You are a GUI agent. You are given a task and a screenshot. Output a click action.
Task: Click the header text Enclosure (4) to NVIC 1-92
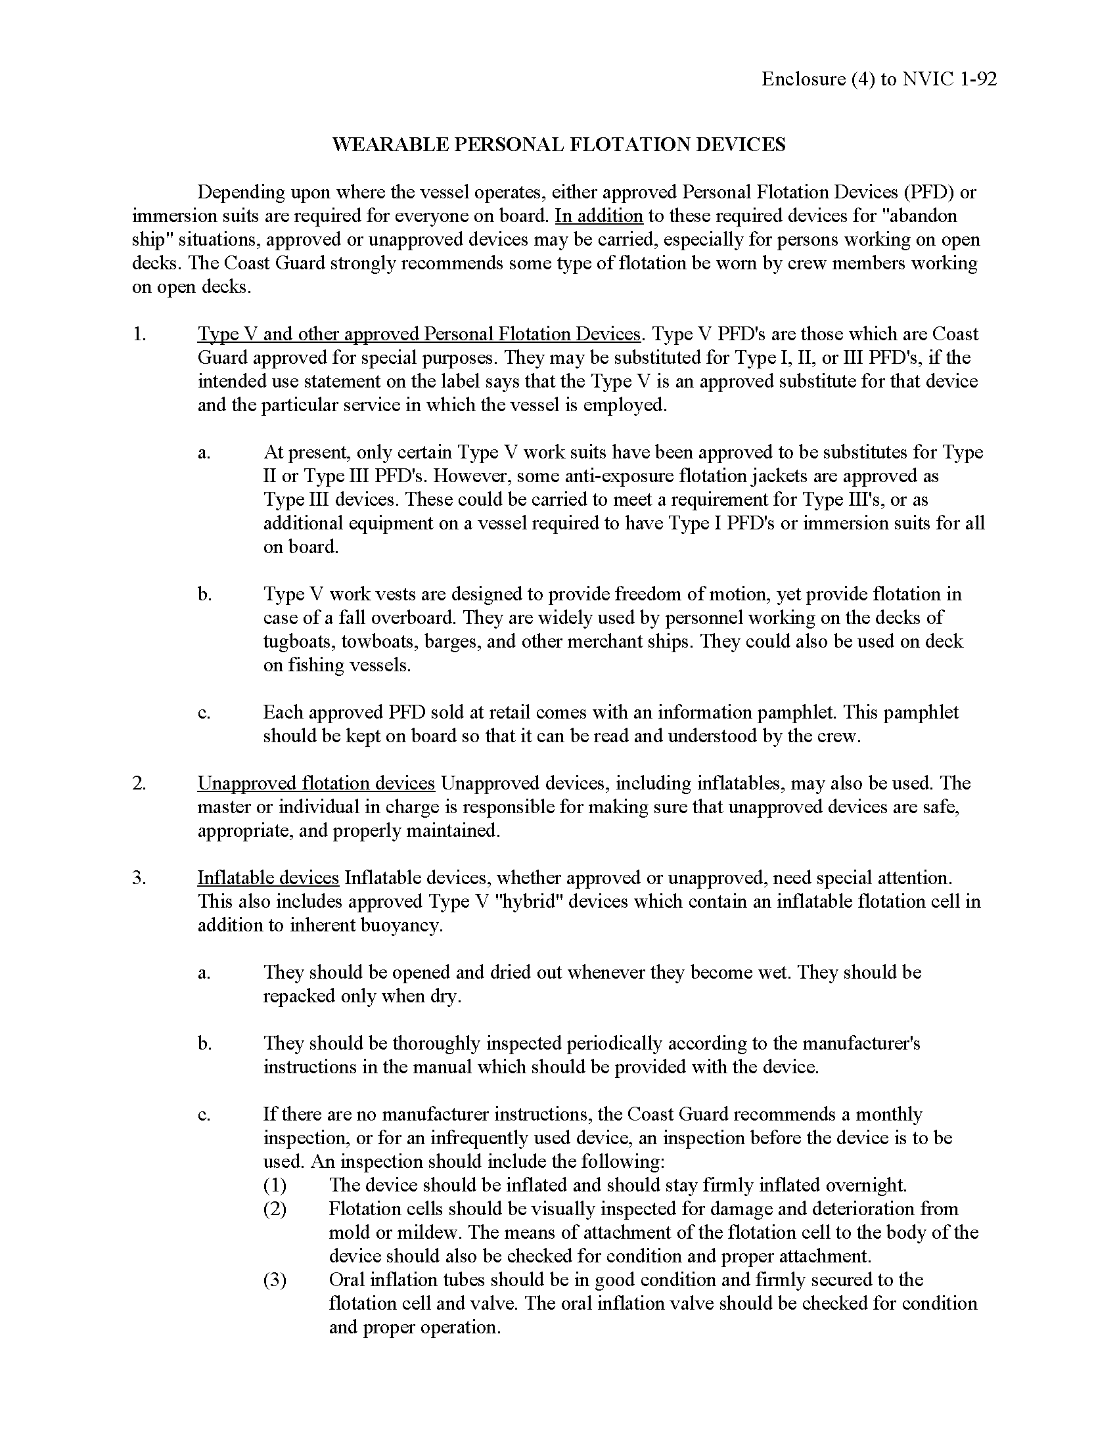click(878, 79)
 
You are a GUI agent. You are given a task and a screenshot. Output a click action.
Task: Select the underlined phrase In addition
click(599, 215)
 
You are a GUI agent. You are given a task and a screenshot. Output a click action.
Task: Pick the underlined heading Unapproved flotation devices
click(315, 783)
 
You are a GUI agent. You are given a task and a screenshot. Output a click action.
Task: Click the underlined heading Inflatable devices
click(268, 878)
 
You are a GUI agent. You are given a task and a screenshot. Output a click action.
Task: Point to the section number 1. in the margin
click(139, 334)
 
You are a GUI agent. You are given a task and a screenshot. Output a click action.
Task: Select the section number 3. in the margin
click(139, 878)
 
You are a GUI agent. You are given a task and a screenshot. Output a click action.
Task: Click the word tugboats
click(298, 641)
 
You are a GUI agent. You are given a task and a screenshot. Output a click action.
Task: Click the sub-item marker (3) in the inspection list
click(275, 1279)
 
